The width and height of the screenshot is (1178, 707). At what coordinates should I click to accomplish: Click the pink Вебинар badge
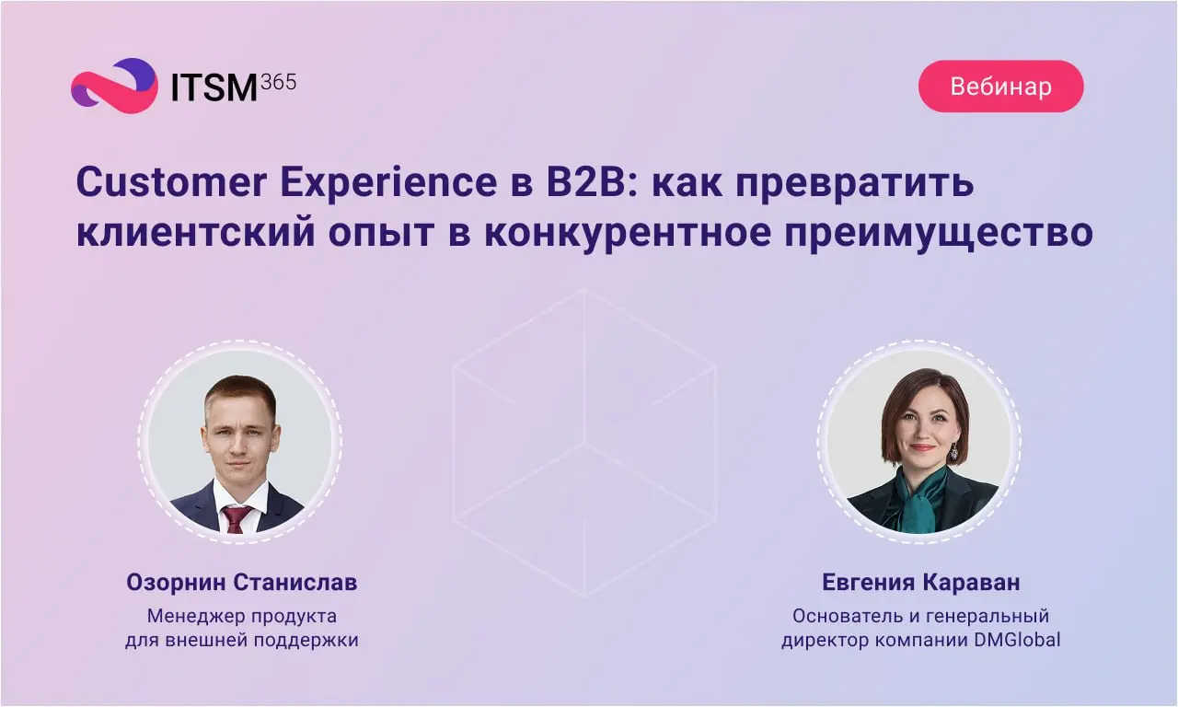1000,87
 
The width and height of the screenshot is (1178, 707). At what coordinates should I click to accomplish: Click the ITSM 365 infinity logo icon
114,86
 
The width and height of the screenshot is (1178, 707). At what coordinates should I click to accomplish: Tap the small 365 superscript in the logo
279,82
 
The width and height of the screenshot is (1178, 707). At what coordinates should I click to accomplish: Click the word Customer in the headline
171,182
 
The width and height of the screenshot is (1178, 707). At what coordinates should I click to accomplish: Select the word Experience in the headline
388,184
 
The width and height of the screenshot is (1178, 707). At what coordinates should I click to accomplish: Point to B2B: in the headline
592,182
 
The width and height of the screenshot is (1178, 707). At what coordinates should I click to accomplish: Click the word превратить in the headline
855,185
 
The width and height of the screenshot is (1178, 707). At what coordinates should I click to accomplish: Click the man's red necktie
235,519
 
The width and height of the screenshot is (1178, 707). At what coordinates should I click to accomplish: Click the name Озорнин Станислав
242,583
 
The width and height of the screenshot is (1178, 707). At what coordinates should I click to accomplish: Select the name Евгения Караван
921,583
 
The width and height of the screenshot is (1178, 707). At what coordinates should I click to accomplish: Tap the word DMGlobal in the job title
1017,640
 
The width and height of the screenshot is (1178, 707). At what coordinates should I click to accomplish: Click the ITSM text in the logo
214,87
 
